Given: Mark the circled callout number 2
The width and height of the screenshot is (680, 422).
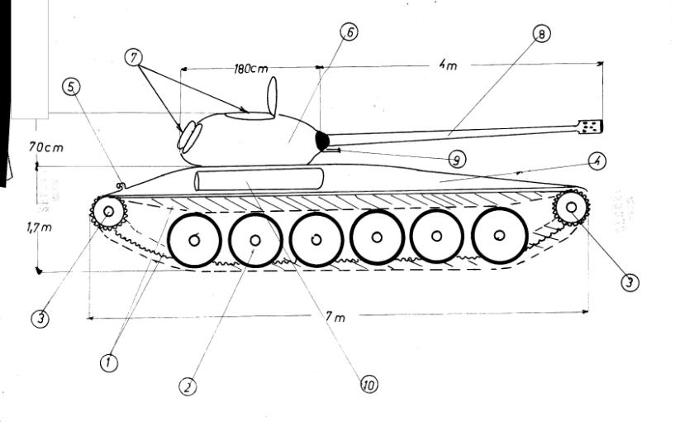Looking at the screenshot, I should click(189, 386).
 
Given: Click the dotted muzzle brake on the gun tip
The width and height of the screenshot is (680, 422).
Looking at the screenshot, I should click(592, 126).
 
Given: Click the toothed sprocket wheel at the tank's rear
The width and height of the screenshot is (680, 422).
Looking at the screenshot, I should click(107, 213).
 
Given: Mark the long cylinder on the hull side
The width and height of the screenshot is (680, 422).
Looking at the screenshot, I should click(259, 180).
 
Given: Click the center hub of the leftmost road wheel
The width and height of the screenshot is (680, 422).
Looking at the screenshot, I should click(193, 241).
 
